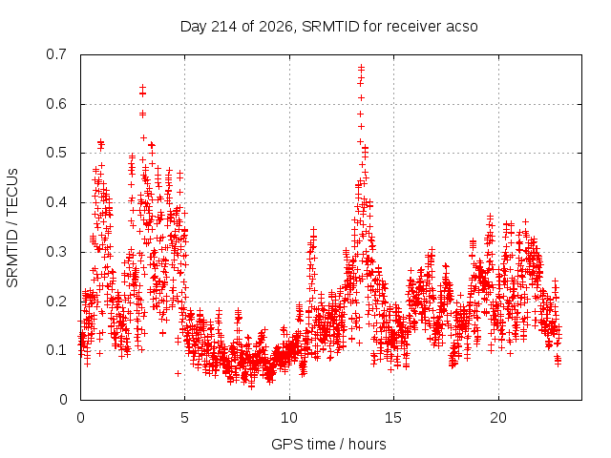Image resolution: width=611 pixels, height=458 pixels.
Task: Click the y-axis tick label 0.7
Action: [x=56, y=54]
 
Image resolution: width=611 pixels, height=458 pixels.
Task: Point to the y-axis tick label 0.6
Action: [x=56, y=104]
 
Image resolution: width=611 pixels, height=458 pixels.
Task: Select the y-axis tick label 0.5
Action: [x=56, y=153]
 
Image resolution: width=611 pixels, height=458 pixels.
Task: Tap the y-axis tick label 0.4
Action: [x=56, y=202]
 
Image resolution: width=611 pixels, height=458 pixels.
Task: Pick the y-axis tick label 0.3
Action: [x=56, y=252]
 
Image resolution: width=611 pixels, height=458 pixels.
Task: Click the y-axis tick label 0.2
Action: [x=56, y=302]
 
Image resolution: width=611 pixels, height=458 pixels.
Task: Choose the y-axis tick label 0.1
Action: [x=56, y=350]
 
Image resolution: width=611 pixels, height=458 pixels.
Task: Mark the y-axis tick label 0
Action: [x=63, y=400]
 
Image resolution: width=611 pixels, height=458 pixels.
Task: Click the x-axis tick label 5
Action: [x=184, y=418]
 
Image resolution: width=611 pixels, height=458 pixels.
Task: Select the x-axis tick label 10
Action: [x=289, y=418]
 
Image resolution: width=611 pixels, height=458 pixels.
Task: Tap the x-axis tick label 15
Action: [x=393, y=418]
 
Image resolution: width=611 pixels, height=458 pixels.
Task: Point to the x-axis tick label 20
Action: [x=498, y=418]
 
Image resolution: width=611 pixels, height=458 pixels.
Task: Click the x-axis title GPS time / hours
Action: [x=328, y=445]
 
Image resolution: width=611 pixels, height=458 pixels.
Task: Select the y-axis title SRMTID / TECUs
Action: [x=12, y=228]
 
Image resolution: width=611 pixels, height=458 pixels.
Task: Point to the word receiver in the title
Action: [x=414, y=27]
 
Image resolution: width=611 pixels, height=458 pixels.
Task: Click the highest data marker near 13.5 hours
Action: [x=361, y=68]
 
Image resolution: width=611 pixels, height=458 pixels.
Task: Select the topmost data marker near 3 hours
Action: [x=142, y=87]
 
